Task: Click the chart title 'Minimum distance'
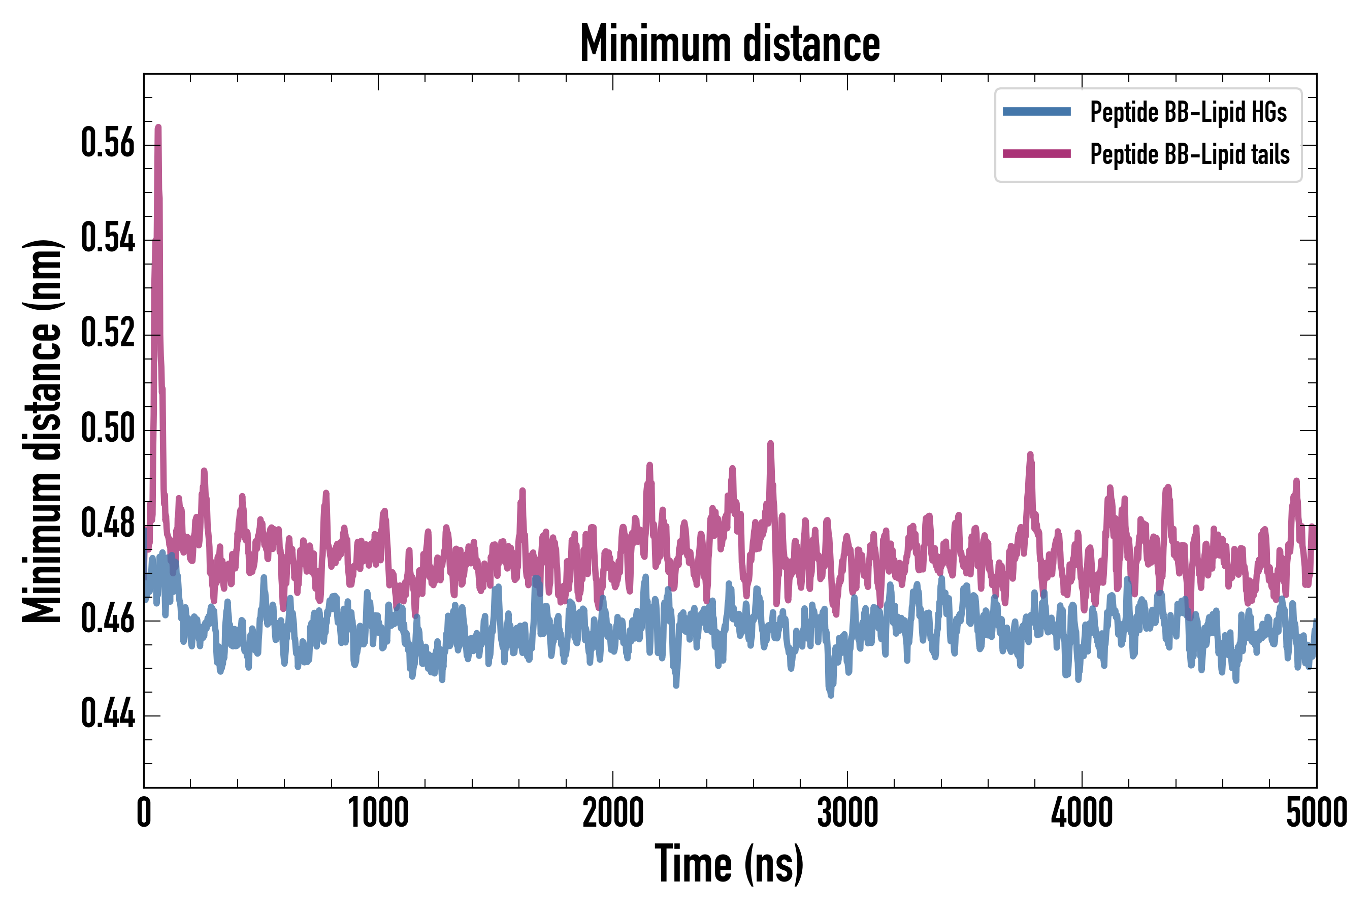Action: pyautogui.click(x=730, y=44)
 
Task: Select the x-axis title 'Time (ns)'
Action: pyautogui.click(x=729, y=864)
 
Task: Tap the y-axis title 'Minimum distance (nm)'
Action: pyautogui.click(x=42, y=431)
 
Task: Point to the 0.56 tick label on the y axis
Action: pyautogui.click(x=108, y=143)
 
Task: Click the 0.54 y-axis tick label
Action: pyautogui.click(x=108, y=239)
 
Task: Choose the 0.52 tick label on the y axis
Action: pyautogui.click(x=108, y=334)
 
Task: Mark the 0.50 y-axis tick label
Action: pyautogui.click(x=108, y=429)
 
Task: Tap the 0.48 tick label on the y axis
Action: pyautogui.click(x=108, y=524)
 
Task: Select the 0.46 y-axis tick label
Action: pyautogui.click(x=108, y=619)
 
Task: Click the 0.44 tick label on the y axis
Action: pyautogui.click(x=108, y=714)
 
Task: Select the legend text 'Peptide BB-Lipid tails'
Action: pyautogui.click(x=1190, y=154)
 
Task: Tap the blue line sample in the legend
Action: pyautogui.click(x=1036, y=112)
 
